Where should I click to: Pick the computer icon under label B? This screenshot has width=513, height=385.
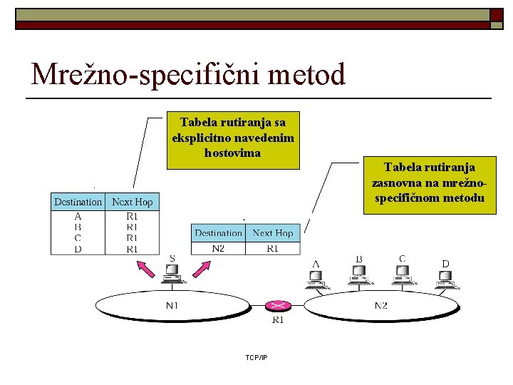click(358, 274)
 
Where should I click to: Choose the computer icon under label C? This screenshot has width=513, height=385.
click(403, 274)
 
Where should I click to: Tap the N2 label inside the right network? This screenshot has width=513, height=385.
click(381, 305)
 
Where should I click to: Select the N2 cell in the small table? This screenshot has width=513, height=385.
click(218, 248)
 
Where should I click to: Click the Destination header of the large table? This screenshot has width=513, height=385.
click(78, 202)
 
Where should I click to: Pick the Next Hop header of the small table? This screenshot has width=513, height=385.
click(273, 233)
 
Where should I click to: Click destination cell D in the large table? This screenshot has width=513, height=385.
click(78, 249)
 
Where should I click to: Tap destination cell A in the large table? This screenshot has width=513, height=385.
click(78, 215)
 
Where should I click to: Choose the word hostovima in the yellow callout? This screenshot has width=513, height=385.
click(232, 153)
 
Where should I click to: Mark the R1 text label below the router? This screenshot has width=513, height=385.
click(279, 320)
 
